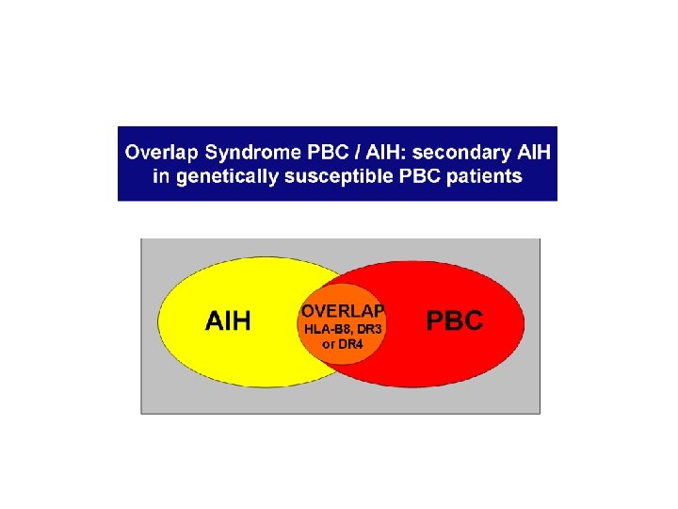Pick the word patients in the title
coord(487,176)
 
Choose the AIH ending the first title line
coord(534,152)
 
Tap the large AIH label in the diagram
coord(229,321)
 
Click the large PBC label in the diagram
coord(455,320)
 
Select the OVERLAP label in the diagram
coord(343,310)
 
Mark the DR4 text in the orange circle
coord(351,344)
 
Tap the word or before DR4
coord(329,344)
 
